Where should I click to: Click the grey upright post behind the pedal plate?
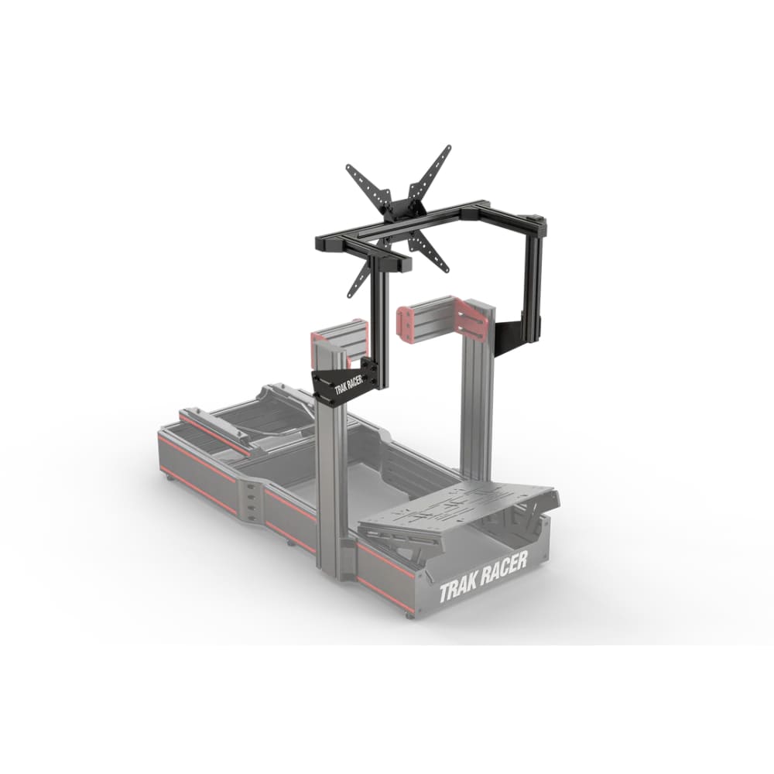tap(474, 402)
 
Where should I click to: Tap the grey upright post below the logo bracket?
tap(330, 480)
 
